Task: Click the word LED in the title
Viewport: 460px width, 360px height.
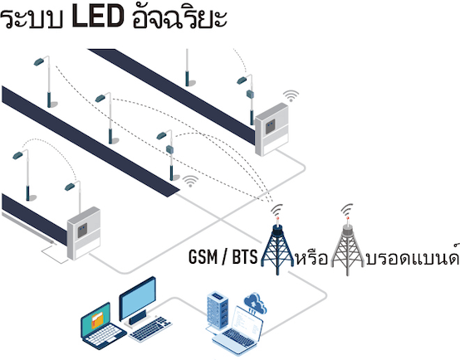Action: (97, 17)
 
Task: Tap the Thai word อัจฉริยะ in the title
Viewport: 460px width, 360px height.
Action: (179, 17)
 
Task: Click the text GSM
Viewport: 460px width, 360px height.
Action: (203, 257)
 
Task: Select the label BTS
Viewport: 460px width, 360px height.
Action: (245, 257)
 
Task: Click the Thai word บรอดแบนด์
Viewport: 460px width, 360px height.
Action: (413, 255)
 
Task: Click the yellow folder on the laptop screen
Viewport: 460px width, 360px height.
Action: (97, 320)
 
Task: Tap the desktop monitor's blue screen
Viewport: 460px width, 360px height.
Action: (137, 298)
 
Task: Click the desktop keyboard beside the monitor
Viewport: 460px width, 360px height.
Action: (150, 328)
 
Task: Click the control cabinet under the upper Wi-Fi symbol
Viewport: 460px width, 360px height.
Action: (272, 129)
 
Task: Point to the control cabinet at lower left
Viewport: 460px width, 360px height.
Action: (84, 233)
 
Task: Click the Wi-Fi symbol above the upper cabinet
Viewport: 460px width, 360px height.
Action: (291, 96)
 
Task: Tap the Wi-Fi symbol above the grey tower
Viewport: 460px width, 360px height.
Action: (347, 210)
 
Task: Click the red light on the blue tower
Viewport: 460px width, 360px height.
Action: (277, 218)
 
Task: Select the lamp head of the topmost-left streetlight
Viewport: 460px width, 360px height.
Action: (38, 62)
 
